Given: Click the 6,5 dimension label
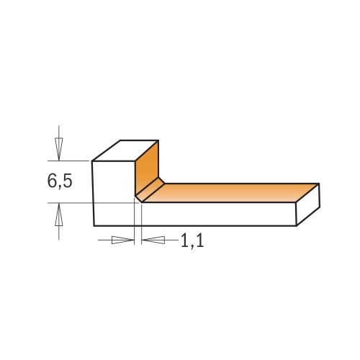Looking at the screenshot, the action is pyautogui.click(x=60, y=181).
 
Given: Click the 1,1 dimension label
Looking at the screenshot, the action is pyautogui.click(x=192, y=241).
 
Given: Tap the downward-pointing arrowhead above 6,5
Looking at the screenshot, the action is pyautogui.click(x=59, y=149).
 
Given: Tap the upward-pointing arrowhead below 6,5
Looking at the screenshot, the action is pyautogui.click(x=59, y=214).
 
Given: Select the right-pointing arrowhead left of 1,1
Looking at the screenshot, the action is pyautogui.click(x=123, y=240).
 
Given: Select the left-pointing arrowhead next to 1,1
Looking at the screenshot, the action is pyautogui.click(x=153, y=240).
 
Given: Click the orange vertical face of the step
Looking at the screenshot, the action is pyautogui.click(x=146, y=168).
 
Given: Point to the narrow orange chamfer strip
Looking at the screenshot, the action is pyautogui.click(x=150, y=189).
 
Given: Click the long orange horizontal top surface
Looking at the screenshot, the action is pyautogui.click(x=230, y=193).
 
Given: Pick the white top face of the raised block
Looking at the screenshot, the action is pyautogui.click(x=125, y=150).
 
